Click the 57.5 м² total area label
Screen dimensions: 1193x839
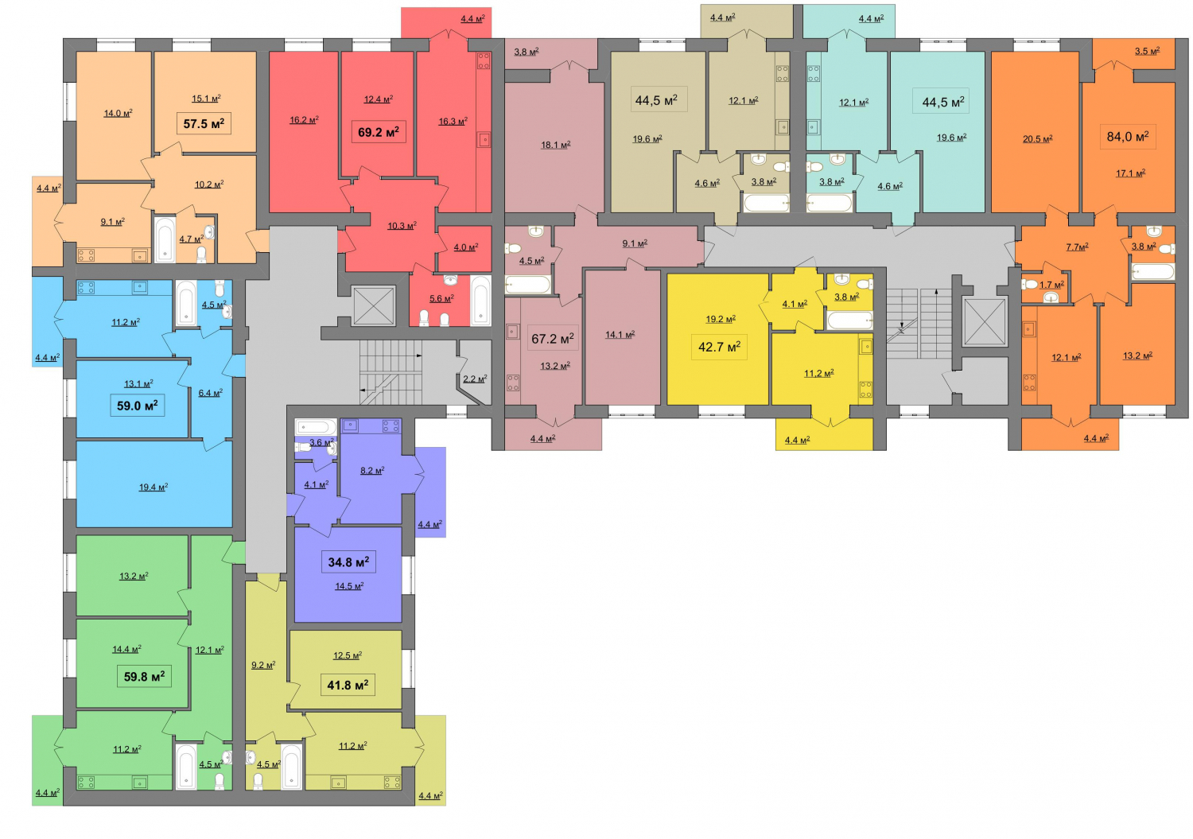(204, 123)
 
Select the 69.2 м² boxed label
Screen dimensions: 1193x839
(379, 131)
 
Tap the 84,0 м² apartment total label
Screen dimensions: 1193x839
(1128, 136)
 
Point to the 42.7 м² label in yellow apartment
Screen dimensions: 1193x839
(719, 348)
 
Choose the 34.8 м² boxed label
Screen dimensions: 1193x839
(349, 562)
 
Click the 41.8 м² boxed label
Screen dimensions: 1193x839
(348, 685)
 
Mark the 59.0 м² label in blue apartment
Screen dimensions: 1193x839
(138, 406)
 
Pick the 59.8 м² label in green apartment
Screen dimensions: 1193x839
(144, 677)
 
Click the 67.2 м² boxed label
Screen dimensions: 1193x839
(553, 338)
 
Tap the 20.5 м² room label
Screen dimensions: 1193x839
(1037, 139)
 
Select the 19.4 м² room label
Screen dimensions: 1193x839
(153, 487)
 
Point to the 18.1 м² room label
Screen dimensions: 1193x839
(555, 145)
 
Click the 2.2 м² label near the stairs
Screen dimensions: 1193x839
(475, 379)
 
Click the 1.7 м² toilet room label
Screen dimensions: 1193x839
(1052, 285)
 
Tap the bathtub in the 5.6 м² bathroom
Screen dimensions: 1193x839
(480, 301)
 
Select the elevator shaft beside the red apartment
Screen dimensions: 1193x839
(374, 305)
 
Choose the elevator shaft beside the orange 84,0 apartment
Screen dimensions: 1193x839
(985, 322)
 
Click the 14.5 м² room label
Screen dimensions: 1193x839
(349, 586)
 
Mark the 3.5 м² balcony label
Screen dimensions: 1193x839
(1147, 51)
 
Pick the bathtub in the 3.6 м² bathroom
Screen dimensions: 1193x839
(316, 427)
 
